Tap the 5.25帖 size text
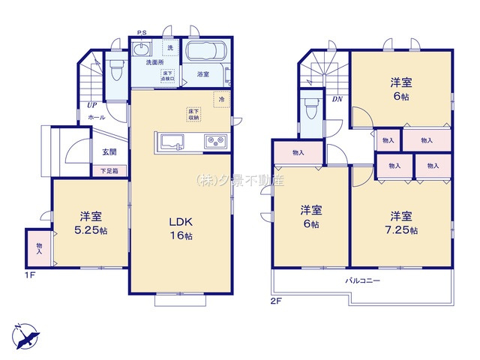(x=91, y=231)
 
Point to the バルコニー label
(x=363, y=280)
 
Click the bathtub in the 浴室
(x=205, y=54)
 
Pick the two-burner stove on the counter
(x=214, y=141)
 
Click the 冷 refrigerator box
(x=221, y=98)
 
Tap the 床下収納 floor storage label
(x=193, y=114)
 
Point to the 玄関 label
(x=109, y=152)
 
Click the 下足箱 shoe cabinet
(x=110, y=170)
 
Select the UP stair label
(x=91, y=106)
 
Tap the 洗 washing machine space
(x=169, y=49)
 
